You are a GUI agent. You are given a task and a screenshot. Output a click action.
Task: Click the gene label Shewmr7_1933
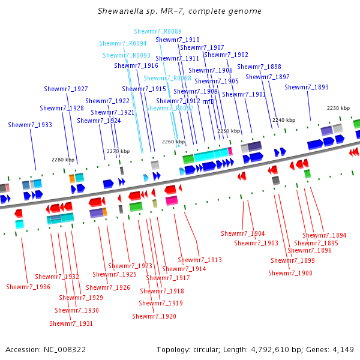30,125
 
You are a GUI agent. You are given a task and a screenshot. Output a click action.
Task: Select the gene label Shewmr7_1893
307,88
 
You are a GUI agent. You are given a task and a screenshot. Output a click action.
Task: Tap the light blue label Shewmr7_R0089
158,31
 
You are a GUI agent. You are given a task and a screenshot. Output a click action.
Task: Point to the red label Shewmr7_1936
28,287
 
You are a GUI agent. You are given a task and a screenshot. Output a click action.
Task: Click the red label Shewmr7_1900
290,273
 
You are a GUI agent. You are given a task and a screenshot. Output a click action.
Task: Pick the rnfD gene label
208,101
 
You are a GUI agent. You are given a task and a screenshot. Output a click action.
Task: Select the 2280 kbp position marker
63,160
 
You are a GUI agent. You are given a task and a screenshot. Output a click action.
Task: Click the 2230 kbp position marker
338,108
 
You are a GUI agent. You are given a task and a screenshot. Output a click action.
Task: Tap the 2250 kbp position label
229,130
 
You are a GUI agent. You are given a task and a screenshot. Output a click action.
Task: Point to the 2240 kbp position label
284,120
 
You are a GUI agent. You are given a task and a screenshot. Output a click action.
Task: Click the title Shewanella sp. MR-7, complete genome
179,11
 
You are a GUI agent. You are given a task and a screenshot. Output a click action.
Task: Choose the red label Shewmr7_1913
200,260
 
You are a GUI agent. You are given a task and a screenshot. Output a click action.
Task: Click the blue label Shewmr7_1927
66,89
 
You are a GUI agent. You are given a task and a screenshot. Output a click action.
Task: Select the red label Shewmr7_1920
154,316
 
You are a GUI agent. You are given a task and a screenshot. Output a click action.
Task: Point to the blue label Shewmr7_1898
259,67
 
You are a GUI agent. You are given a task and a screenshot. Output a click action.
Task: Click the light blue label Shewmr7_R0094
123,44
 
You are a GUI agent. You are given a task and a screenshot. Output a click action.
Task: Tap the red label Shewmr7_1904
243,233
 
